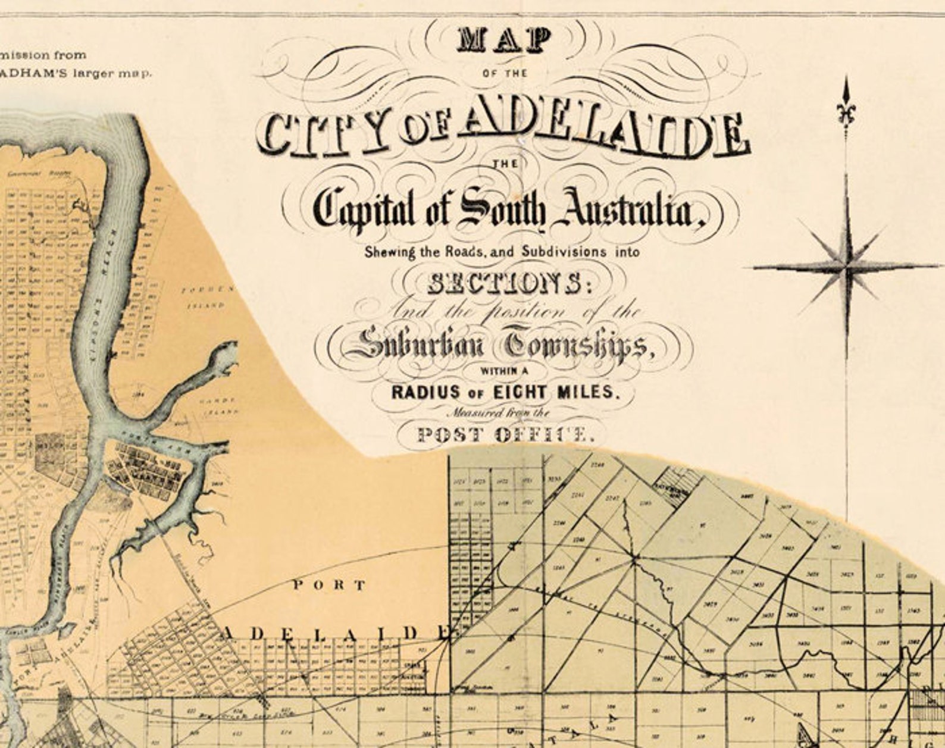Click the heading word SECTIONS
point(503,284)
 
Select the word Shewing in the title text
point(390,252)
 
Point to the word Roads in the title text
point(466,252)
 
